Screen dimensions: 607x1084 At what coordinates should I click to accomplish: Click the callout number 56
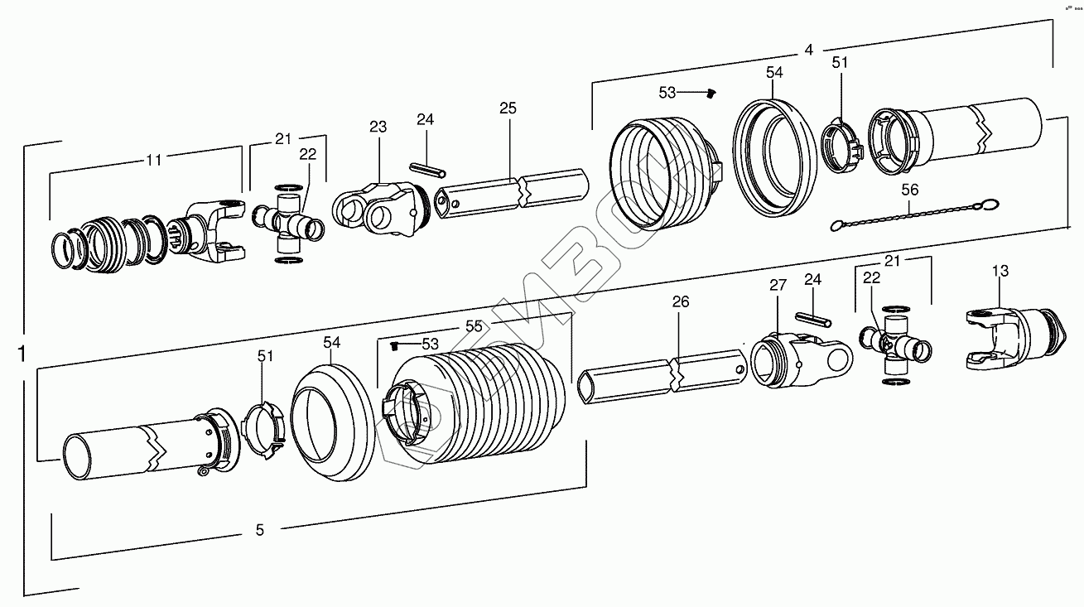click(910, 190)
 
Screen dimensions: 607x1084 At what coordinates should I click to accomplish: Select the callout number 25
click(508, 108)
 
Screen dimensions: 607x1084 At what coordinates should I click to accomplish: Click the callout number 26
click(680, 303)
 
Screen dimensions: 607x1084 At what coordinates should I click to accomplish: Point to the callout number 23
click(378, 127)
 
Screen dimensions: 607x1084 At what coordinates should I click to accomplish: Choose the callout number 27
click(778, 286)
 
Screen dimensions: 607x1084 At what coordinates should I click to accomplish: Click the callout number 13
click(1000, 270)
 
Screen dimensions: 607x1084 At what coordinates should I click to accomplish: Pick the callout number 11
click(154, 161)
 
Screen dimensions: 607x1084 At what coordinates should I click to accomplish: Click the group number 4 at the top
click(808, 50)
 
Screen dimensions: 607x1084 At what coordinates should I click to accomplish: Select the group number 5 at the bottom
click(259, 530)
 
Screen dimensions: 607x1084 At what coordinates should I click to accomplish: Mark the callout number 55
click(473, 326)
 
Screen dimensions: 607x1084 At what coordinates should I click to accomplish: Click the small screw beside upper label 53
click(711, 94)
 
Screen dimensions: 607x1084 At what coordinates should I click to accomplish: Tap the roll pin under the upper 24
click(426, 168)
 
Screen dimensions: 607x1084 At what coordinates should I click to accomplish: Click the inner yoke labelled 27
click(799, 359)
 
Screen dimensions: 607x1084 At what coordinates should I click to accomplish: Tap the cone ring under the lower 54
click(331, 422)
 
